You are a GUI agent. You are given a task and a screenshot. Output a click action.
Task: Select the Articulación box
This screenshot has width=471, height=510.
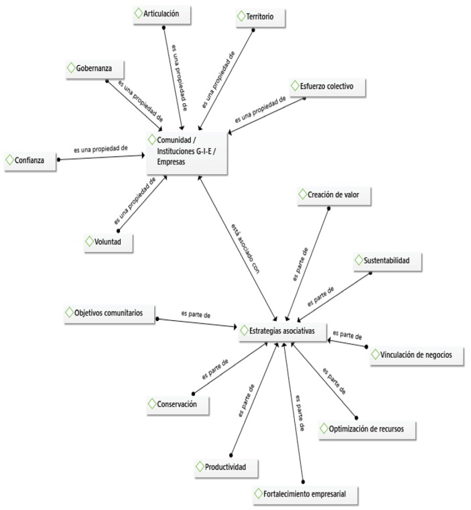(161, 13)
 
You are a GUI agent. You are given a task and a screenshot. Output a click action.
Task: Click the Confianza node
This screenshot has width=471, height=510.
(29, 161)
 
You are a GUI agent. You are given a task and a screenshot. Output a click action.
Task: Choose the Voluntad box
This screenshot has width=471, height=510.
(108, 242)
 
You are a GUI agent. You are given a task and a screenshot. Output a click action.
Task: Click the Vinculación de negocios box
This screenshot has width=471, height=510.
(416, 355)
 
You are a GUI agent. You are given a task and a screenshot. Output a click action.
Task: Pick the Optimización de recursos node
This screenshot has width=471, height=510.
(366, 428)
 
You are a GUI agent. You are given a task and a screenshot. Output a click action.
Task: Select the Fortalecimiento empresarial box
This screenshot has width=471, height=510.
(305, 495)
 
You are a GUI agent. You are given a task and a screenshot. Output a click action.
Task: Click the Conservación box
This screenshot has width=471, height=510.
(177, 404)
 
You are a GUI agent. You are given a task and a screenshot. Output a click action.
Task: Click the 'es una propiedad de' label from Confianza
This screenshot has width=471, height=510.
(100, 149)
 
